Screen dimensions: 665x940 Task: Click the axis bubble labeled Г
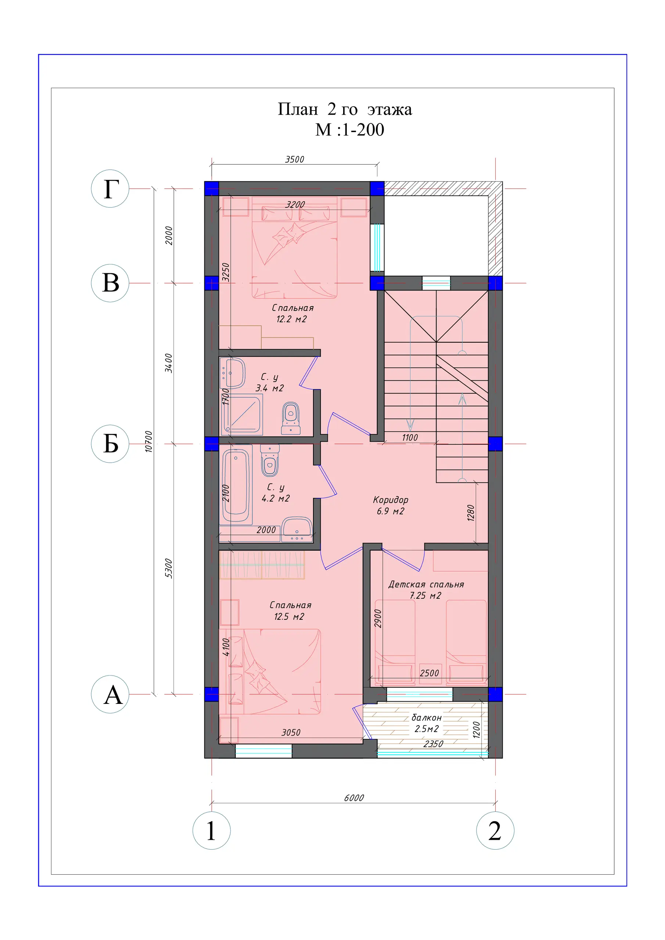[x=110, y=189]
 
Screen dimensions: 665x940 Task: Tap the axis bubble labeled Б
[x=110, y=444]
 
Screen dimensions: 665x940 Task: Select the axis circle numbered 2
[x=495, y=831]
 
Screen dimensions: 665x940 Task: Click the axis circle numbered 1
[x=211, y=831]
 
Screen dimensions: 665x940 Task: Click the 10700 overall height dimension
[x=148, y=441]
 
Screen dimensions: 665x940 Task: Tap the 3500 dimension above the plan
[x=295, y=159]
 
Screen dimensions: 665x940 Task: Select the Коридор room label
[x=391, y=500]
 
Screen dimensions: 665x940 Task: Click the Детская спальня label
[x=426, y=585]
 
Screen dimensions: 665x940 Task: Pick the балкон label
[x=427, y=718]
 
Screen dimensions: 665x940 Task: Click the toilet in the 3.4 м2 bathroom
[x=291, y=418]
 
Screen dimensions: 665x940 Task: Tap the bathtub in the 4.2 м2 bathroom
[x=236, y=485]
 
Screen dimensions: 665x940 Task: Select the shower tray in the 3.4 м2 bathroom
[x=242, y=414]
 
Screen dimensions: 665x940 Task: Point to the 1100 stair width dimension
[x=410, y=438]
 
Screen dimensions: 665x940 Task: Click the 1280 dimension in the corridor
[x=471, y=513]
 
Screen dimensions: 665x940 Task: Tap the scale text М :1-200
[x=349, y=130]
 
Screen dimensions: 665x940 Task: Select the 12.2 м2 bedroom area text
[x=291, y=319]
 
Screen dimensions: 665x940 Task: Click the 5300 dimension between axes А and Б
[x=168, y=569]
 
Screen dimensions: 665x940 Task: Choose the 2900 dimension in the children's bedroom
[x=378, y=619]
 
